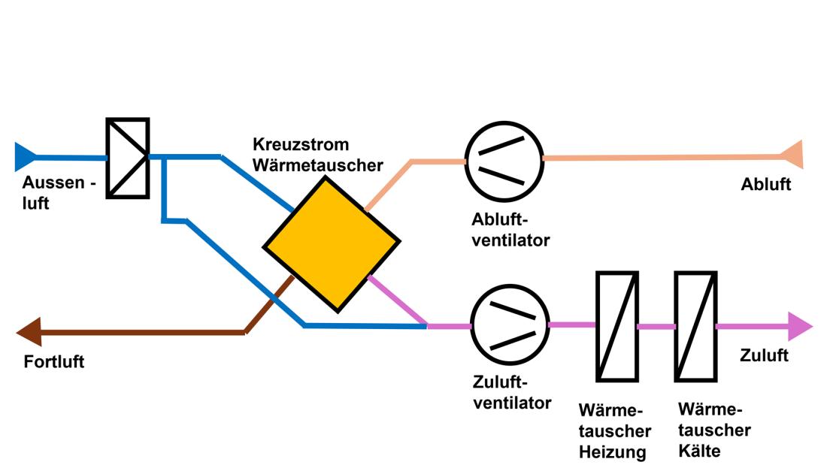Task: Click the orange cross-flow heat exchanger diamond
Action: (x=331, y=244)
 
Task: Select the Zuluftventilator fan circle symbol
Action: (x=510, y=325)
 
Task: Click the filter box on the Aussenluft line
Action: (x=127, y=158)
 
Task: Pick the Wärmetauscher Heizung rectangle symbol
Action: (x=617, y=326)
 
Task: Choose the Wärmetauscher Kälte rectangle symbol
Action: (x=695, y=326)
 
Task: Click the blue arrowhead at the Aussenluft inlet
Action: (x=25, y=156)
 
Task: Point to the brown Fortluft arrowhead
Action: (x=29, y=331)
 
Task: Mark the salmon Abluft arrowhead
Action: (x=792, y=156)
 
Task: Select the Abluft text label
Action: (x=765, y=185)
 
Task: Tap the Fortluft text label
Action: (x=54, y=362)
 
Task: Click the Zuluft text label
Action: (x=764, y=355)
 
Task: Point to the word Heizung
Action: (x=612, y=452)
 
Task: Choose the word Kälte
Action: (x=698, y=451)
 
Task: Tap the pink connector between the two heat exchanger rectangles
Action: (x=656, y=327)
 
